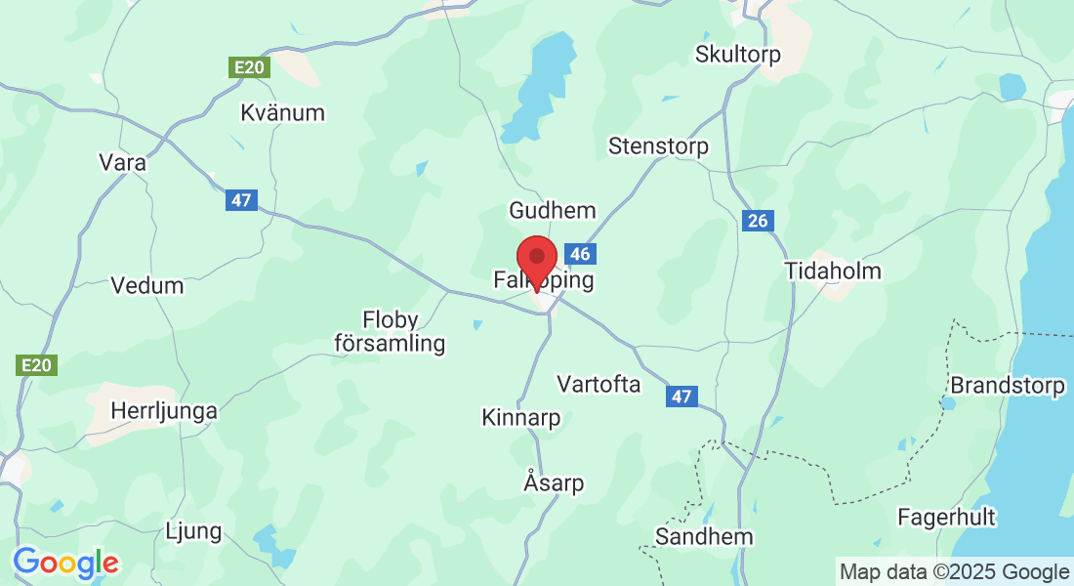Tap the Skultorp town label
[737, 55]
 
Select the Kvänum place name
[282, 113]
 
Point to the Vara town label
[123, 163]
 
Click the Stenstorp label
[658, 146]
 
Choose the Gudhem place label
[552, 211]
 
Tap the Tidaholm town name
[833, 272]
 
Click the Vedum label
[147, 286]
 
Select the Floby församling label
[390, 331]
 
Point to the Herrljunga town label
[164, 411]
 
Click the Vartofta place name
[599, 384]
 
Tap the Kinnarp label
[521, 418]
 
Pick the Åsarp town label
[554, 482]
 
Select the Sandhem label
[704, 537]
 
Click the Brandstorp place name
[1008, 386]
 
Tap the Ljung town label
[194, 532]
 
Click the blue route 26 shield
[758, 221]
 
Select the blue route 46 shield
[580, 255]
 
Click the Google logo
[65, 564]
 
